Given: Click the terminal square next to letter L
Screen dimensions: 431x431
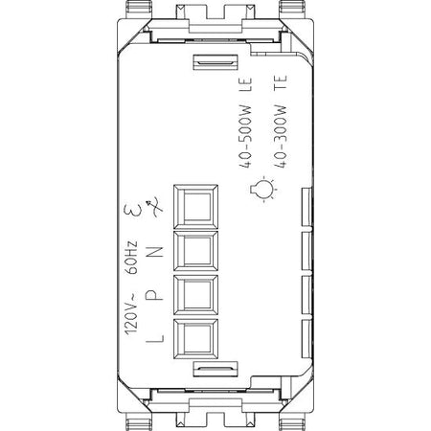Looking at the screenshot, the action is [x=196, y=339].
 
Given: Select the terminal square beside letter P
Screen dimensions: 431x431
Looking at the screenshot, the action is [x=196, y=295].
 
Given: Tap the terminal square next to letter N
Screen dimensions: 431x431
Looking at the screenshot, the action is [x=196, y=251].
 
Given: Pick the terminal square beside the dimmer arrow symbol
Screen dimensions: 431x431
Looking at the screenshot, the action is [x=196, y=206].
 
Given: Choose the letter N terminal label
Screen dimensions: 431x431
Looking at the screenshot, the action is [x=155, y=252].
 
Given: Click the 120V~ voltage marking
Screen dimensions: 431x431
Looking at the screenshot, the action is [x=131, y=313].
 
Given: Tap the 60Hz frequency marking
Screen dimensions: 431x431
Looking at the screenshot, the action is [x=131, y=258].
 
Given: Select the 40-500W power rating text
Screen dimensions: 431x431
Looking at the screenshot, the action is [x=245, y=136].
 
